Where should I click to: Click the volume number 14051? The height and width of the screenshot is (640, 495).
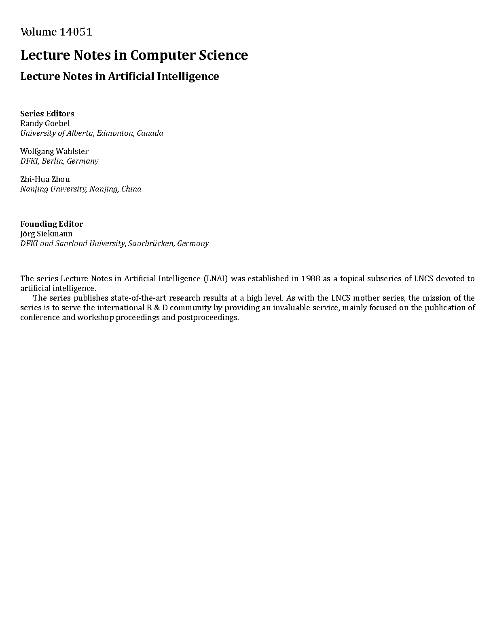tap(76, 32)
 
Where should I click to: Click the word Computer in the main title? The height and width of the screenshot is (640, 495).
tap(162, 55)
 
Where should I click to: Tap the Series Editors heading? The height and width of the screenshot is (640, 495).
tap(47, 114)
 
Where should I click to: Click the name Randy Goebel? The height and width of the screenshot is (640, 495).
tap(45, 123)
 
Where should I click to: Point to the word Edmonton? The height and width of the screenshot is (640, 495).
tap(114, 133)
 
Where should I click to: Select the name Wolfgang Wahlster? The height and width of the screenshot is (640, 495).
tap(54, 151)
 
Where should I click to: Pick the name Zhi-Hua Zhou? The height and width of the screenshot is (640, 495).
tap(45, 179)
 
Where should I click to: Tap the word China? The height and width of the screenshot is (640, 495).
tap(131, 189)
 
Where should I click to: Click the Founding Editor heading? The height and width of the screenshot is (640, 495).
tap(51, 224)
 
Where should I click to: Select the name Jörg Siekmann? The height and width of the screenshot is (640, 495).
tap(47, 234)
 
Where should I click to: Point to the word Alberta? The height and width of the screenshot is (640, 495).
tap(78, 133)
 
